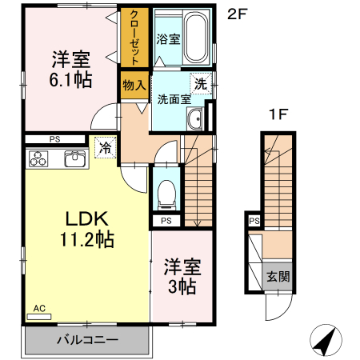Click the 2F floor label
[238, 14]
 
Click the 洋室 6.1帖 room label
[71, 70]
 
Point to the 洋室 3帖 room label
[182, 276]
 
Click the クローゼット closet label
[134, 38]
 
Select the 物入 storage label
[134, 83]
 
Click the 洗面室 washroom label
[173, 100]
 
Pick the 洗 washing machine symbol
[200, 82]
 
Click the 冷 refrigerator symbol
[105, 146]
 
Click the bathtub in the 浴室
[194, 38]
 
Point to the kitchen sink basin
[74, 158]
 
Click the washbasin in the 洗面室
[195, 121]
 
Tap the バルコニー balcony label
[87, 340]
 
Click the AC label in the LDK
[39, 307]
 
